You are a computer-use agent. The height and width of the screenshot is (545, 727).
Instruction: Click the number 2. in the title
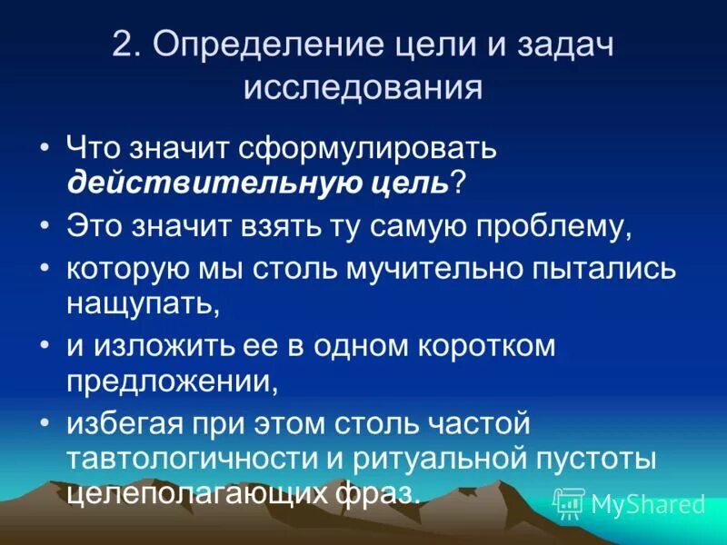[x=126, y=46]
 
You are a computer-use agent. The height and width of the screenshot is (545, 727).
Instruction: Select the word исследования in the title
[x=363, y=88]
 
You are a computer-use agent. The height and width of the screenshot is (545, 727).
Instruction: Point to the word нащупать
[x=141, y=302]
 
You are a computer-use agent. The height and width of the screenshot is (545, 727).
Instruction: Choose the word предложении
[x=170, y=381]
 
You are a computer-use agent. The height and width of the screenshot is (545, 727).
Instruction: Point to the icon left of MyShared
[x=569, y=502]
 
